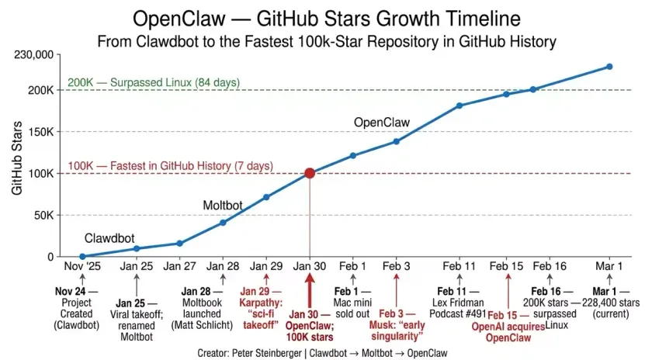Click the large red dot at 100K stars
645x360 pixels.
[x=310, y=173]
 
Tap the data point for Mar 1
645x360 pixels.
[x=609, y=67]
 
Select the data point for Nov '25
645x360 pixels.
[x=82, y=256]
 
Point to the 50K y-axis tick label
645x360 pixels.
[x=41, y=215]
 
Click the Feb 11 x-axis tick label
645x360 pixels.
[x=459, y=267]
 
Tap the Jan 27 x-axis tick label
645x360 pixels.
[x=179, y=267]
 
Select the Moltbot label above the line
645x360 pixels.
[x=223, y=206]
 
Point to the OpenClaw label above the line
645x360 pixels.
[x=381, y=123]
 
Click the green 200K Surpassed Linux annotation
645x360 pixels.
[x=154, y=82]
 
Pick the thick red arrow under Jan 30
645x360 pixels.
[x=310, y=289]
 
